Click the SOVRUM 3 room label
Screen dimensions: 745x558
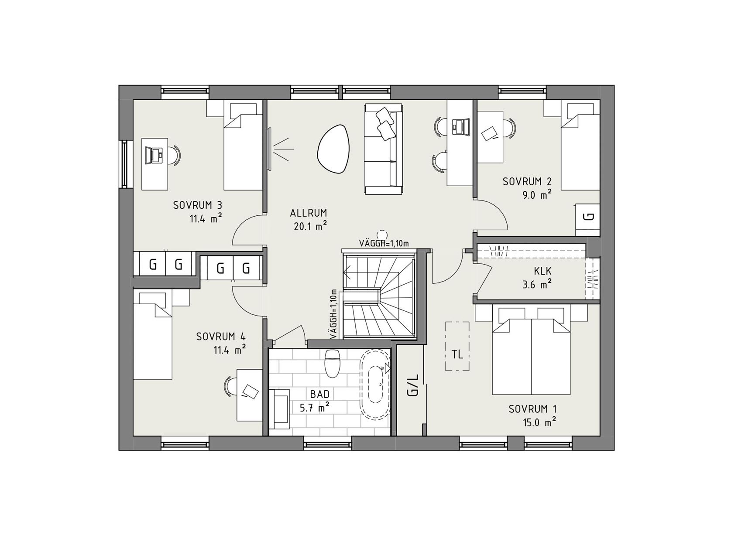(198, 205)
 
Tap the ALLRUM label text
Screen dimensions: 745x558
(309, 213)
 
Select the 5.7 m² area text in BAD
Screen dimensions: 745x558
(314, 408)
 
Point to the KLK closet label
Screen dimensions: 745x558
(543, 272)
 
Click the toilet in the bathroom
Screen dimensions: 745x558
(333, 362)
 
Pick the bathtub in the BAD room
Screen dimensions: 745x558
(375, 384)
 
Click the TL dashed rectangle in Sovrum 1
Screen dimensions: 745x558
(457, 347)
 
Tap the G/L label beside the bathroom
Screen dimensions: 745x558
(412, 385)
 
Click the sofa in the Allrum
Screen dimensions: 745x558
(383, 149)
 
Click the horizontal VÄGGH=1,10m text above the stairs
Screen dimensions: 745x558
(384, 243)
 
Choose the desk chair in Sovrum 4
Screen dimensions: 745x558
(230, 386)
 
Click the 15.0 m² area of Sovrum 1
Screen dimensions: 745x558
(539, 422)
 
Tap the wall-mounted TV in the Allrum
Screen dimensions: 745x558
(269, 149)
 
